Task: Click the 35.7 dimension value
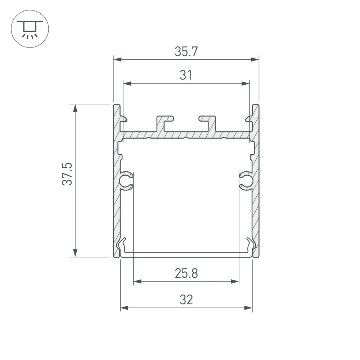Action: click(186, 52)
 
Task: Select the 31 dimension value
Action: click(186, 76)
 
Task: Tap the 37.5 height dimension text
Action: click(68, 174)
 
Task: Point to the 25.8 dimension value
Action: click(186, 274)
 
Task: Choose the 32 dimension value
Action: click(186, 300)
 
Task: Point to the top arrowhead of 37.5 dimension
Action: click(75, 108)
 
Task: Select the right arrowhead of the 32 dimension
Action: click(248, 308)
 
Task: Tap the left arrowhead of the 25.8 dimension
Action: click(137, 281)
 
